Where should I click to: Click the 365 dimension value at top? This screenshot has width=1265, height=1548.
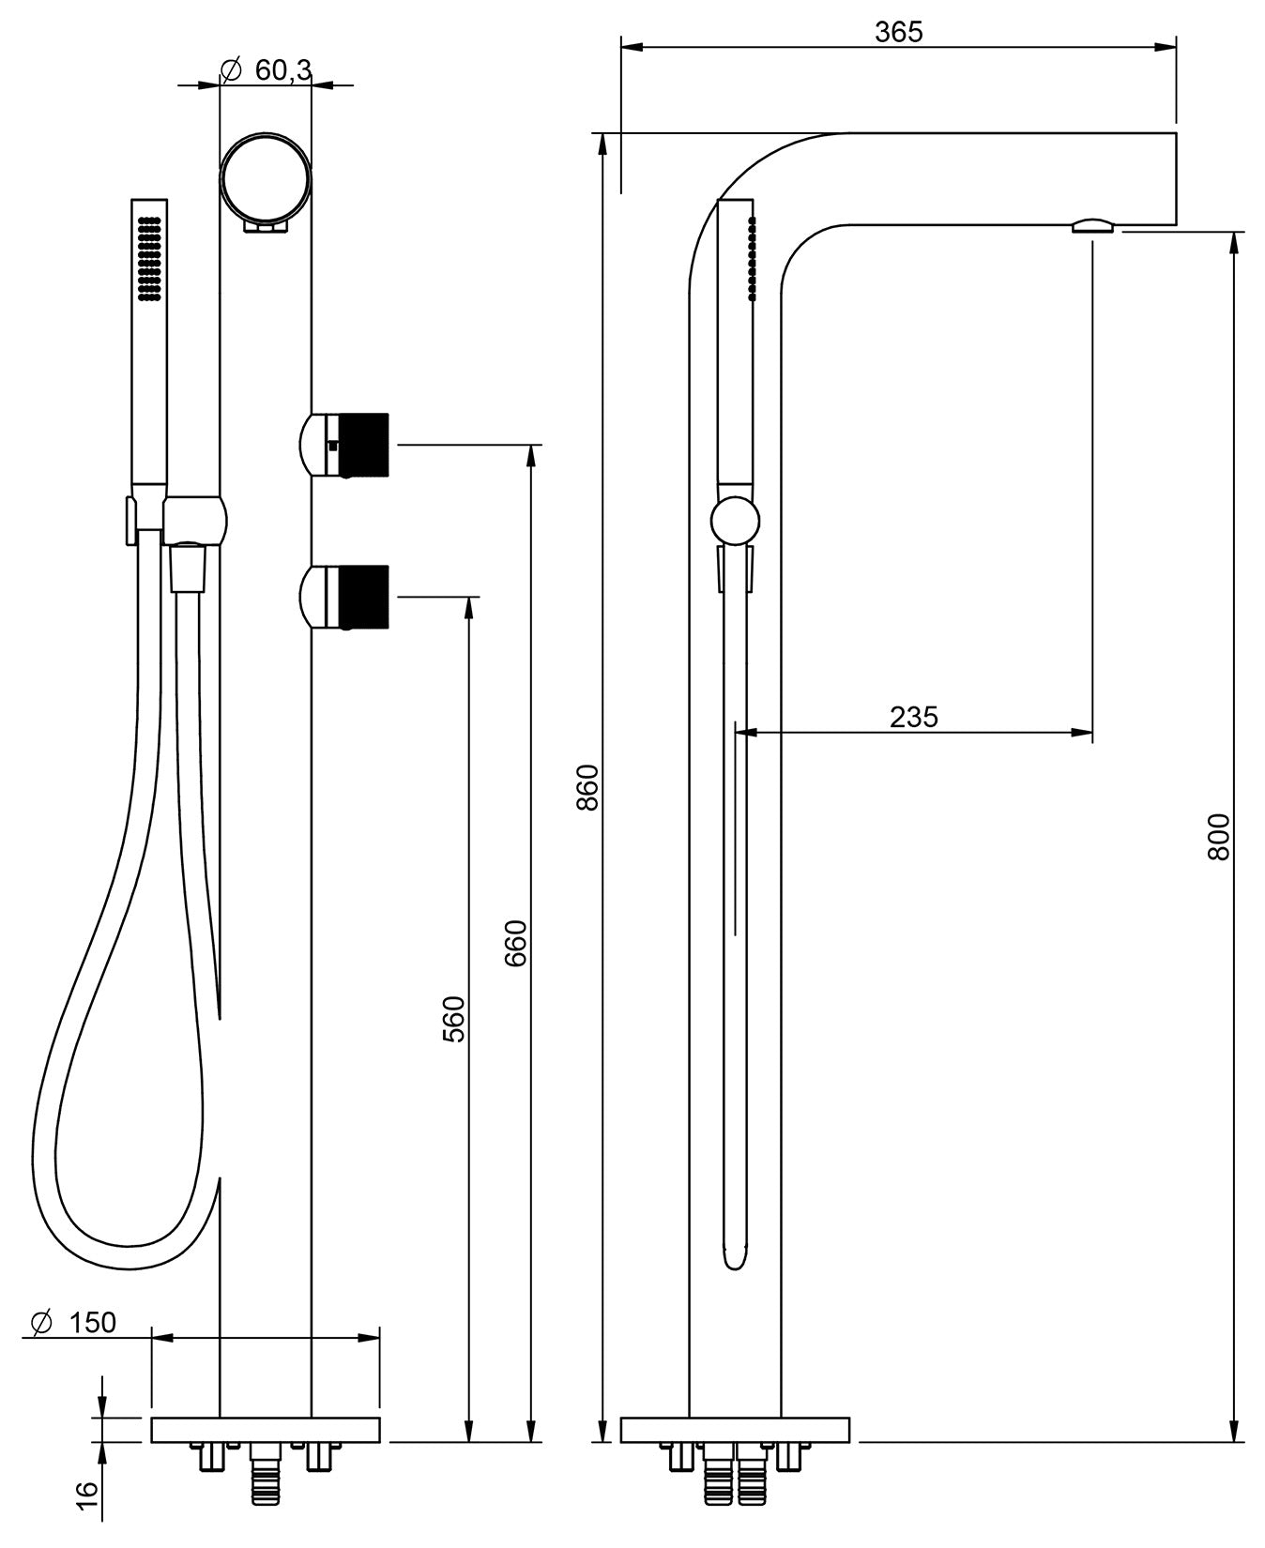click(x=898, y=32)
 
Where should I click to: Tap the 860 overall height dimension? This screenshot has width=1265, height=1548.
click(x=587, y=787)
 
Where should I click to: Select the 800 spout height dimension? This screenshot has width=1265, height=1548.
click(x=1218, y=837)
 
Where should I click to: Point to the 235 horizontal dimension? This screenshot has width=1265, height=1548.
click(x=913, y=717)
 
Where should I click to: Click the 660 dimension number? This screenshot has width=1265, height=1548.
click(x=517, y=943)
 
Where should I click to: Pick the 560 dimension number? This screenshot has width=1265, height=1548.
click(x=454, y=1019)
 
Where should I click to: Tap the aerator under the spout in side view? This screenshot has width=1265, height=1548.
click(x=1093, y=224)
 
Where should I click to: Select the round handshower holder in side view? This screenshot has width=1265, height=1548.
click(x=735, y=521)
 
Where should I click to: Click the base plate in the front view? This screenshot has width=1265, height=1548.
click(x=266, y=1430)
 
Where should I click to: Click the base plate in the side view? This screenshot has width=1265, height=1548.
click(x=735, y=1430)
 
